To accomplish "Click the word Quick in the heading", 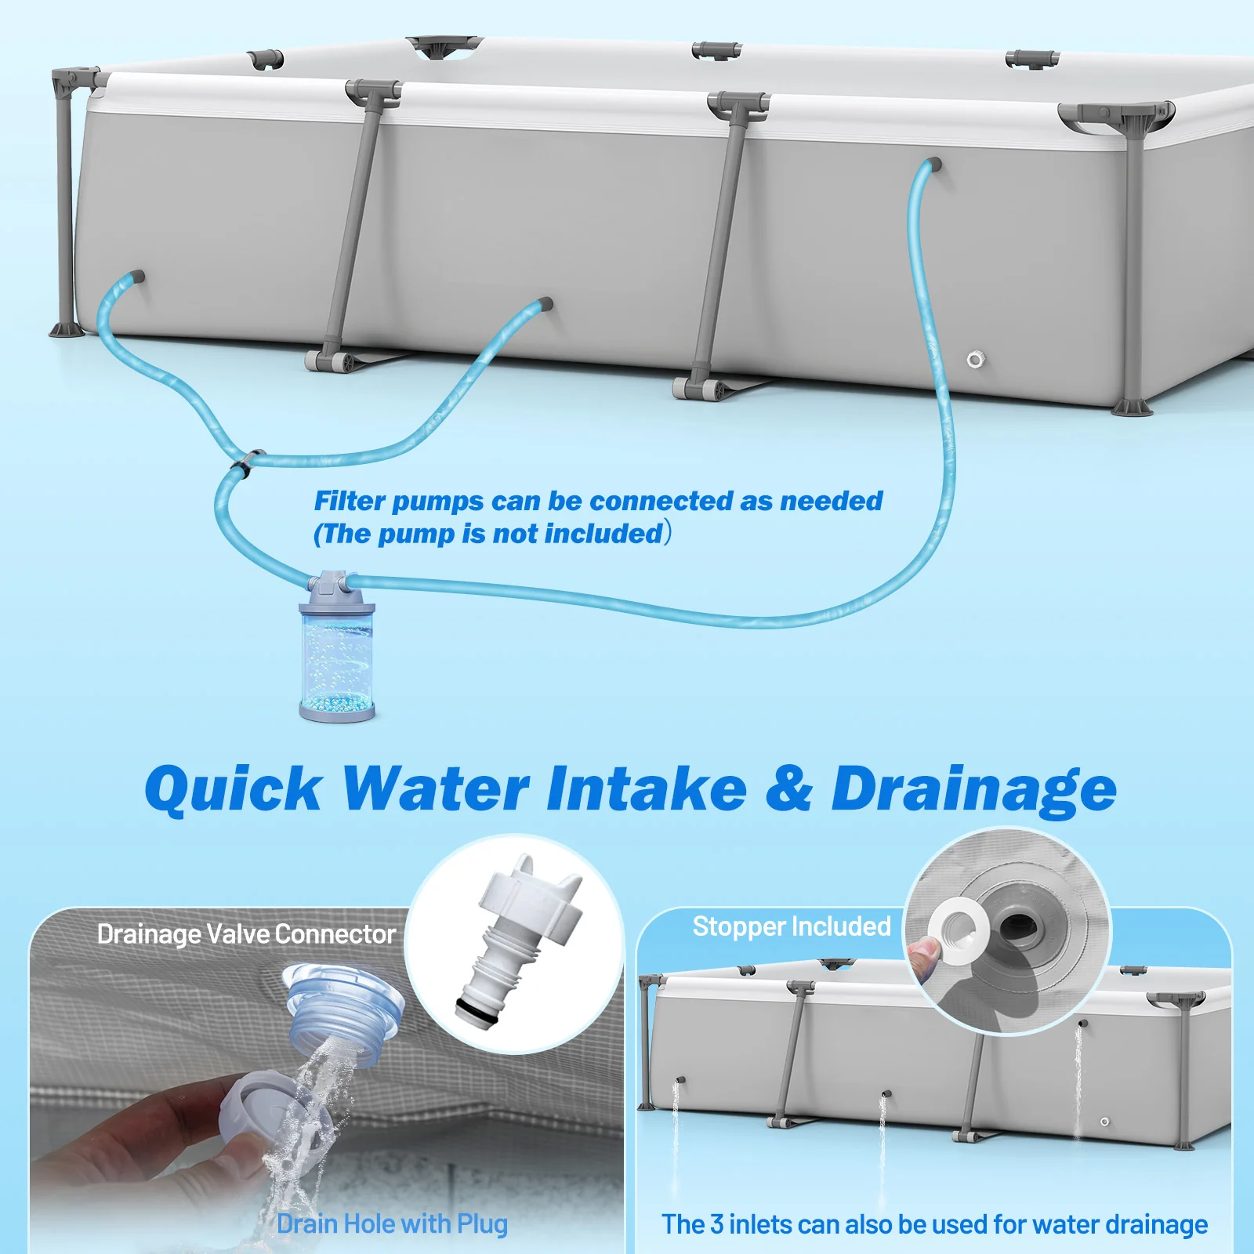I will (x=233, y=788).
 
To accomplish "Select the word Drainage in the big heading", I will (x=973, y=788).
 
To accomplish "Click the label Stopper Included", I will (x=792, y=926).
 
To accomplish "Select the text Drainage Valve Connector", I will (x=246, y=934).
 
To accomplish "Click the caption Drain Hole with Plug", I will (x=392, y=1223).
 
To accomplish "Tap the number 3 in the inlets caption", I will (x=716, y=1223).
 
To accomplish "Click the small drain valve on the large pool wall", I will (x=974, y=360).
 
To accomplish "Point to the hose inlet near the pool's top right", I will (x=933, y=166).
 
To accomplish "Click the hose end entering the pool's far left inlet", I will (x=136, y=277).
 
